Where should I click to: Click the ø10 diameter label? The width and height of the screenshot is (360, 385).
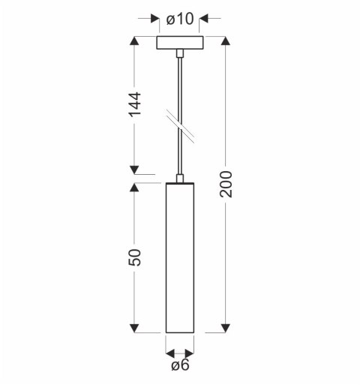180,19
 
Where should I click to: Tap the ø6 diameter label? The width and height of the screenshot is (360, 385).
179,366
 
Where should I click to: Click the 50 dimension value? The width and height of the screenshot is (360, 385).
136,258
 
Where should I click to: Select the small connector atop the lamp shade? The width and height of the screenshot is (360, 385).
180,178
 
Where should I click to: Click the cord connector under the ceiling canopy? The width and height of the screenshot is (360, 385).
180,54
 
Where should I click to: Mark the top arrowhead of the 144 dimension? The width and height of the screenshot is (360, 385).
136,41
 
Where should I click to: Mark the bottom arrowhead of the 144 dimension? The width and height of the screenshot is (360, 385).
136,170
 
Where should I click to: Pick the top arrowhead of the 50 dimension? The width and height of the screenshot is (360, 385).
136,188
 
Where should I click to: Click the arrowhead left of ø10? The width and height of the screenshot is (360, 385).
153,19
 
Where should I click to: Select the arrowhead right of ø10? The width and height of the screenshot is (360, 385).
208,19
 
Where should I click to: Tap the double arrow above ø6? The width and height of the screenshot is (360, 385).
180,352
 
